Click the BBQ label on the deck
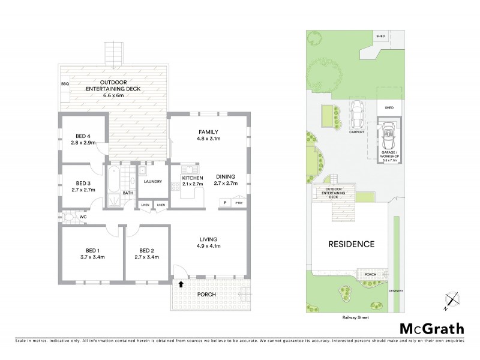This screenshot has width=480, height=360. (x=65, y=85)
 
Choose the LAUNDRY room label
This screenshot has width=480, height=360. (x=153, y=181)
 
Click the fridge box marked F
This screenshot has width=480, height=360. (x=225, y=203)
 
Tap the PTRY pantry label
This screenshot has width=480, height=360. (x=239, y=203)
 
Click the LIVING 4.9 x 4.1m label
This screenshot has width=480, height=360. (x=209, y=242)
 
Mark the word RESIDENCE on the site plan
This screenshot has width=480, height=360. (x=351, y=244)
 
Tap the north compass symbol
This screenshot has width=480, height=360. (x=452, y=300)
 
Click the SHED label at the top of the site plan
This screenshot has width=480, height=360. (x=380, y=37)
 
